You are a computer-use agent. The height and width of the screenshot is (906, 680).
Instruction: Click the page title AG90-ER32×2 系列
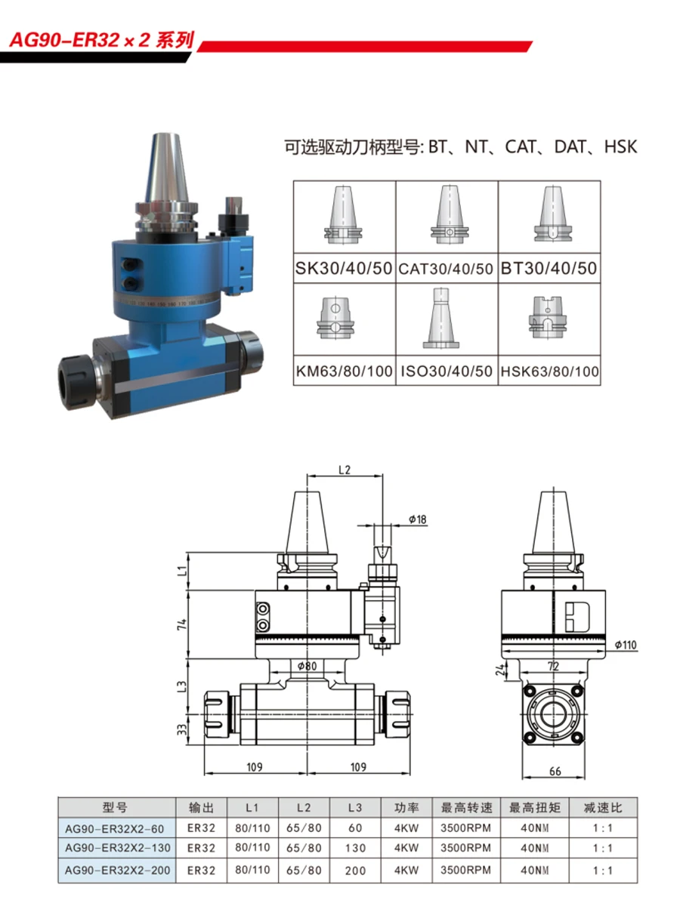pos(101,41)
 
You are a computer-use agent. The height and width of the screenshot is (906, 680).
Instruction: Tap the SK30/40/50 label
pos(344,268)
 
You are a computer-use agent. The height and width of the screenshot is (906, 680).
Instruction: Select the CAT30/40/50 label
pos(446,269)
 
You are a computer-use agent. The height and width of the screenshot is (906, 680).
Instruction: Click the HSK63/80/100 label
pos(549,371)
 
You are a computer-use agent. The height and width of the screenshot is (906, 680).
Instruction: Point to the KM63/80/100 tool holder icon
pos(335,318)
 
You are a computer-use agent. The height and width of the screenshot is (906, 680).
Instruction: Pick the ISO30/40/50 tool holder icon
pos(441,319)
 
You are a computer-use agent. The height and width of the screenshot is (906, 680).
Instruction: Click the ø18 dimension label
pos(417,519)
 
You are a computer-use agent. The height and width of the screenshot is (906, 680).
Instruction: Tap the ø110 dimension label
pos(626,645)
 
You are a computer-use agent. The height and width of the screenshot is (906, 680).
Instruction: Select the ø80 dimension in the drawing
pos(308,665)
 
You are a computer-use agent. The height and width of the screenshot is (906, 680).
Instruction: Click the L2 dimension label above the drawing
pos(345,470)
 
